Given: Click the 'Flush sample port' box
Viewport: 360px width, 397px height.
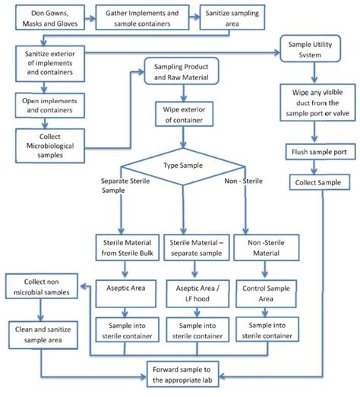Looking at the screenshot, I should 319,152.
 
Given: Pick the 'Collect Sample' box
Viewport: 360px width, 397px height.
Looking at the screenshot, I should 319,182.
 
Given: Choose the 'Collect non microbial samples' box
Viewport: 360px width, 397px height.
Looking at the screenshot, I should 42,288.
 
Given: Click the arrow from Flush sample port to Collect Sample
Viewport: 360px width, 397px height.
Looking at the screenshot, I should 319,167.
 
